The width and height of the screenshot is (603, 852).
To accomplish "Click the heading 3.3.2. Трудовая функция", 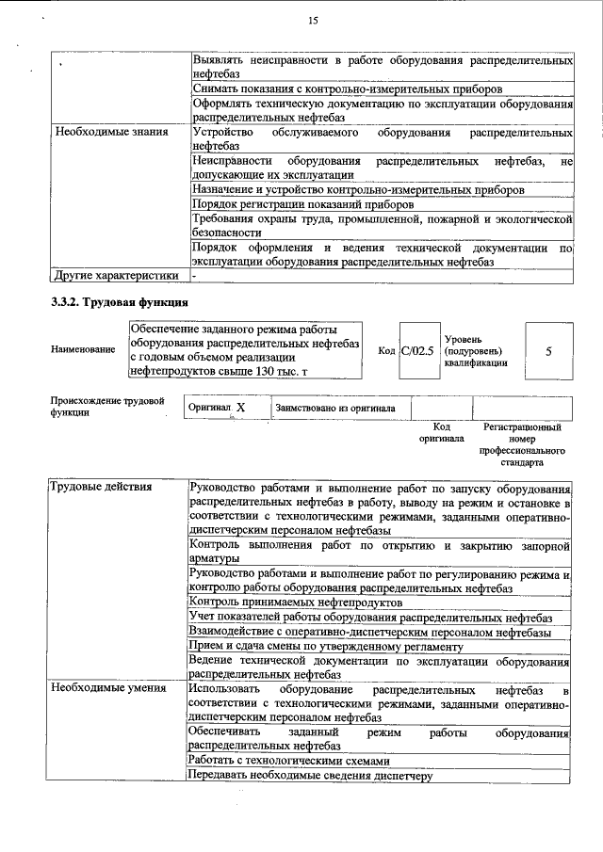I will pos(120,303).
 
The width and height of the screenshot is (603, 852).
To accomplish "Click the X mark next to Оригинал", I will pos(241,408).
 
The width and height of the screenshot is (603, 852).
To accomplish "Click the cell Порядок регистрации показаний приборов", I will pos(301,204).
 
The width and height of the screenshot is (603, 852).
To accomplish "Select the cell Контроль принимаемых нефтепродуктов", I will pos(296,602).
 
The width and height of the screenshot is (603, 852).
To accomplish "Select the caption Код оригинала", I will pos(441,432).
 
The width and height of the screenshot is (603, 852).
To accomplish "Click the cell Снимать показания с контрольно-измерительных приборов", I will pos(346,88).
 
